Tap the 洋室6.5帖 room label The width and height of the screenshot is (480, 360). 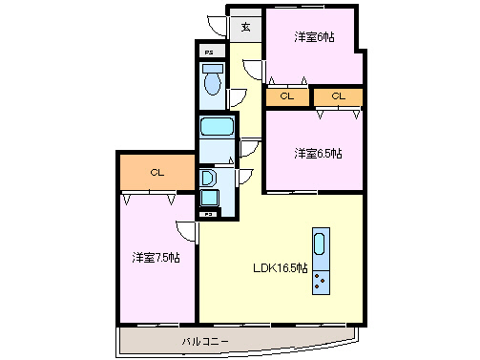click(318, 153)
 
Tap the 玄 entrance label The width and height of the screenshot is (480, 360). click(245, 27)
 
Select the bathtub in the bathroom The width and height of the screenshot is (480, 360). click(217, 127)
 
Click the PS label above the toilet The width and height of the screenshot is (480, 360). click(210, 51)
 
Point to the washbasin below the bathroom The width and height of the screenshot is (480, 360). click(209, 179)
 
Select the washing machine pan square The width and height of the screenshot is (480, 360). click(210, 199)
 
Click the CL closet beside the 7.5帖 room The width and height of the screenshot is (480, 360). click(157, 173)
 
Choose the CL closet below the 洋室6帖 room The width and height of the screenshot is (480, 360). click(287, 96)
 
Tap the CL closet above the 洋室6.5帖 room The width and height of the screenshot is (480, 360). click(341, 96)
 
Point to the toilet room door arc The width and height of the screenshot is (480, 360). click(237, 97)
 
